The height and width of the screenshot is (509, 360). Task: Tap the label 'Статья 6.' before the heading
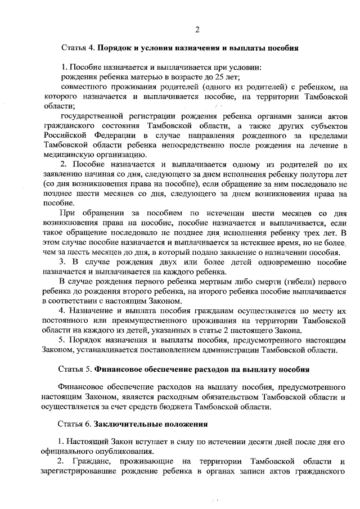[76, 423]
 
